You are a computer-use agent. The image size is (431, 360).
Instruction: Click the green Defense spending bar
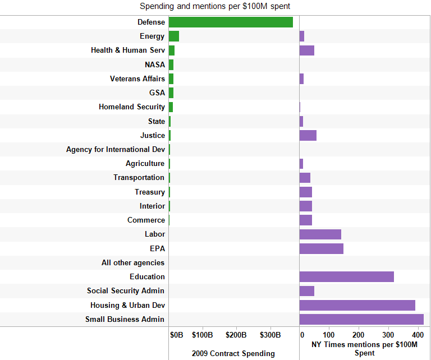(x=231, y=22)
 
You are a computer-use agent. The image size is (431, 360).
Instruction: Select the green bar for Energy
(x=174, y=36)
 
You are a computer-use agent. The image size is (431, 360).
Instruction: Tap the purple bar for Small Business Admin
(x=361, y=319)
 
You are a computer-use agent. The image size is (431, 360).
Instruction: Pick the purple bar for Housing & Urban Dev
(x=357, y=305)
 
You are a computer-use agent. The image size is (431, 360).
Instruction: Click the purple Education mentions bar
(x=347, y=276)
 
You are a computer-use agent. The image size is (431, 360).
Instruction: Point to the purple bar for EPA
(x=322, y=248)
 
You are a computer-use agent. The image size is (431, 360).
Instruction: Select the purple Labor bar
(x=320, y=234)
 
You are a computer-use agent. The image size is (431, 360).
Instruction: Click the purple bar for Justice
(x=308, y=135)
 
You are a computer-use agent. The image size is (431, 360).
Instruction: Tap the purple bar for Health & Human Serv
(x=307, y=50)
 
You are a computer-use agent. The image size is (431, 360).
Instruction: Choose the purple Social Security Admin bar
(x=307, y=291)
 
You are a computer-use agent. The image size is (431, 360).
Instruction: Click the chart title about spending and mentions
(x=215, y=7)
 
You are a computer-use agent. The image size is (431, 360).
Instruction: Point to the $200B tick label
(x=236, y=335)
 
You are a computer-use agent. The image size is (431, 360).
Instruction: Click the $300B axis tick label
(x=270, y=335)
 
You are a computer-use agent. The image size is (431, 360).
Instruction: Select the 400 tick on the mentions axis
(x=418, y=335)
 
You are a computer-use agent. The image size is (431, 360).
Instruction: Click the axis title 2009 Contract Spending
(x=233, y=353)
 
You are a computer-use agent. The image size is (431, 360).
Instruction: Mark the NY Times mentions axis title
(x=365, y=348)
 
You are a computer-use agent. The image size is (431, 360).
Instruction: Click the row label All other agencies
(x=133, y=262)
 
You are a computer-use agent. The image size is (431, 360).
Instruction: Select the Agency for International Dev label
(x=116, y=150)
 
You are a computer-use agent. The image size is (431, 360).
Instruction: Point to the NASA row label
(x=155, y=64)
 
